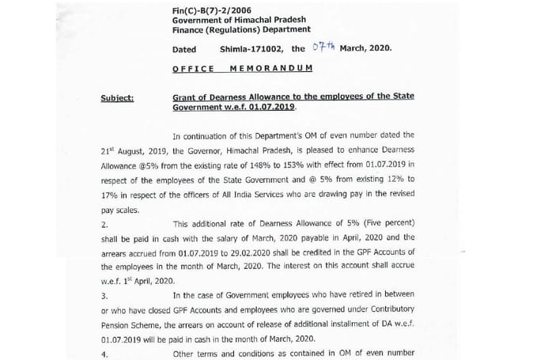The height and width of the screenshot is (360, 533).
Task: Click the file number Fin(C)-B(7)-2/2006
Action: coord(204,9)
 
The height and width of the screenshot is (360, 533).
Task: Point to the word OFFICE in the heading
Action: coord(193,70)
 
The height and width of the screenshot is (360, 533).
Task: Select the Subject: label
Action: coord(118,97)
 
